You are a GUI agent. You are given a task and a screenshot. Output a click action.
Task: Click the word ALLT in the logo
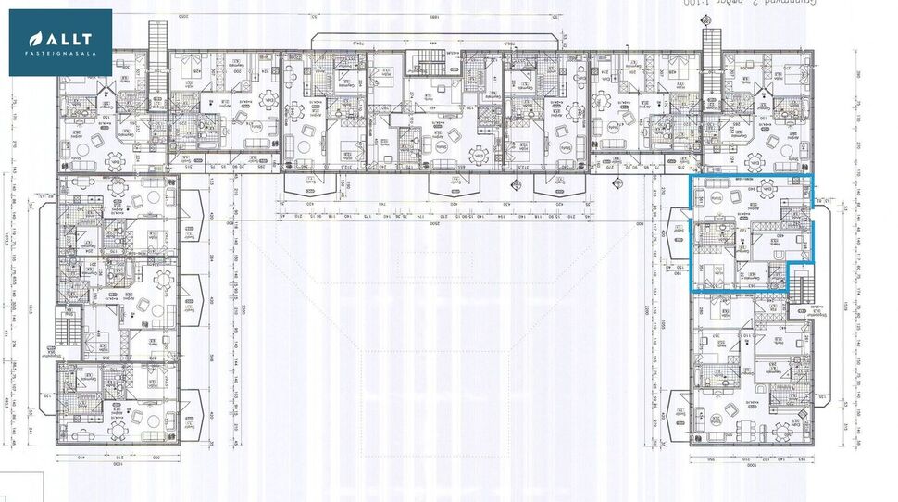pos(69,39)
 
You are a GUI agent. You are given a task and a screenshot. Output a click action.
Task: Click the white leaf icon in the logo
pos(35,39)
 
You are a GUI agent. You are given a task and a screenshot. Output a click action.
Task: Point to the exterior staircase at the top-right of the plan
pos(711,51)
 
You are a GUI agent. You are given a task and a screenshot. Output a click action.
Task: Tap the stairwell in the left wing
pos(65,329)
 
